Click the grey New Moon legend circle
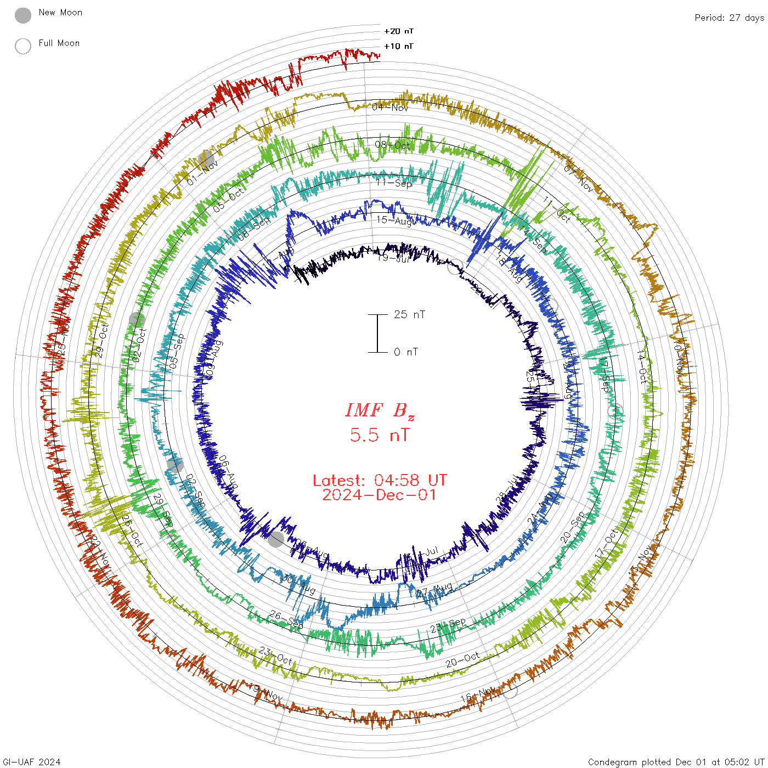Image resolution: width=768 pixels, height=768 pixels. coord(23,16)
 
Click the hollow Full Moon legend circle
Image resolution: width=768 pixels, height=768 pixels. coord(23,46)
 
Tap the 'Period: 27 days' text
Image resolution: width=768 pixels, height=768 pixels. coord(729,18)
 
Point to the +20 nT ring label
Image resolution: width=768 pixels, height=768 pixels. coord(399,31)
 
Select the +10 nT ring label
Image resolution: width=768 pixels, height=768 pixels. coord(399,46)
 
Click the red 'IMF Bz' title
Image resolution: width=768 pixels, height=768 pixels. coord(380,410)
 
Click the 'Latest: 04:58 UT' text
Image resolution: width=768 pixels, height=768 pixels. coord(380,481)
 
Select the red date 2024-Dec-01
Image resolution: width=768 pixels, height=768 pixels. coord(380,495)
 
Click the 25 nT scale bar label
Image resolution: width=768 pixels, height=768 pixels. coord(409,314)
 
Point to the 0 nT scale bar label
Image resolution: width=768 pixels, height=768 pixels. coord(405,352)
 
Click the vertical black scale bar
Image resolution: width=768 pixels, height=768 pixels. coord(377,333)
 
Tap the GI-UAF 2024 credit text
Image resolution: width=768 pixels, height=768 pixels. coord(31,762)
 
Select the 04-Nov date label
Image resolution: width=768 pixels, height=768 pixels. coord(390,107)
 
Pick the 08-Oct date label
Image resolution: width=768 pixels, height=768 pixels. coord(392,145)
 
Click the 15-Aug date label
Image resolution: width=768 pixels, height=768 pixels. coord(394,221)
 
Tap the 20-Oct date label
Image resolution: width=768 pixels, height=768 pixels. coord(462,659)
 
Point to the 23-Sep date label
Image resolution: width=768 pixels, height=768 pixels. coord(448,625)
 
